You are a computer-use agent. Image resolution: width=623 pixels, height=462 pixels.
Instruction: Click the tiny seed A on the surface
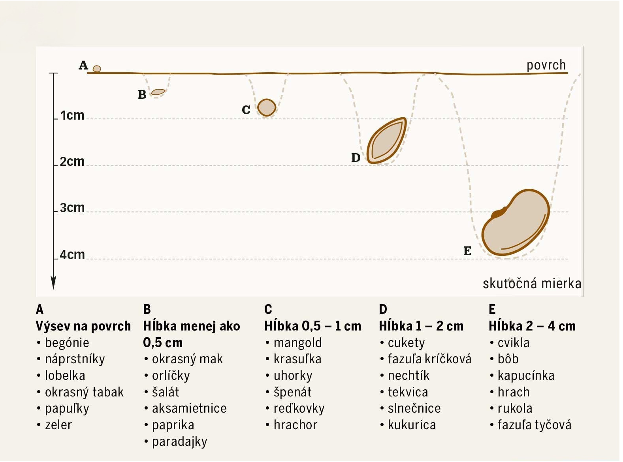point(97,69)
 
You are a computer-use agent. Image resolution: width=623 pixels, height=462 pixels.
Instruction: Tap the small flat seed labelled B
point(158,92)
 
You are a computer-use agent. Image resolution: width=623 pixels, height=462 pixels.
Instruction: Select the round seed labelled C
point(267,107)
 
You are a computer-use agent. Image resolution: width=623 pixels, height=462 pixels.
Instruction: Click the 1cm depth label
point(72,115)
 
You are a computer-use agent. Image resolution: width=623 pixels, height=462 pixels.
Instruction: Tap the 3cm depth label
point(72,208)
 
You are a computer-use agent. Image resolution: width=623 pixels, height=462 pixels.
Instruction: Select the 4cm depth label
point(72,255)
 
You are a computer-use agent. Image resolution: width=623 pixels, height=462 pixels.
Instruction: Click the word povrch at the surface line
point(546,65)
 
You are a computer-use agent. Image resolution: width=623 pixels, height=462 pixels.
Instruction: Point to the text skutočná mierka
point(532,284)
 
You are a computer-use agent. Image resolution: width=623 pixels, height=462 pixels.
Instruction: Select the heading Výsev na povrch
point(83,326)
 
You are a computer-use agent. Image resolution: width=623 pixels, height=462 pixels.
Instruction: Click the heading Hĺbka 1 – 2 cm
point(421,326)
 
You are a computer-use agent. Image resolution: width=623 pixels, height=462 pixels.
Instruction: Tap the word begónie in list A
point(67,343)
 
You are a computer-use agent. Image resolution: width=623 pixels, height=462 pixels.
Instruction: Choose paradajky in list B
point(179,441)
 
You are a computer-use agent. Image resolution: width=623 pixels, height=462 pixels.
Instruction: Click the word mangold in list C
point(297,343)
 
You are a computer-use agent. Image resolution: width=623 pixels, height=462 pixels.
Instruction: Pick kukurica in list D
point(412,425)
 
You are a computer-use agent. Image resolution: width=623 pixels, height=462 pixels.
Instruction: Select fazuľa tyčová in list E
point(534,425)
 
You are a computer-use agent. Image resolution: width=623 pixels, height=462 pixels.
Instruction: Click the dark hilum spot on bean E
point(499,213)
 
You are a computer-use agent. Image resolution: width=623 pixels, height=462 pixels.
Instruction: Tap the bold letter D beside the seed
point(356,158)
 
